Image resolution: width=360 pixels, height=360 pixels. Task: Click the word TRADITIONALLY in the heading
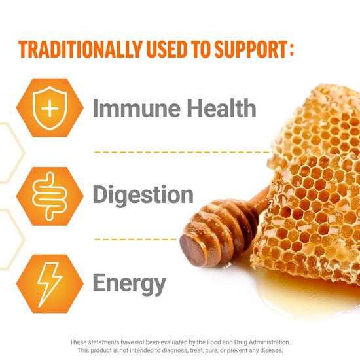[78, 50]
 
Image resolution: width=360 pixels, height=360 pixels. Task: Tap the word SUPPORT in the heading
[247, 50]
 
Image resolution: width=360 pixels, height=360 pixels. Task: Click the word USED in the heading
[164, 50]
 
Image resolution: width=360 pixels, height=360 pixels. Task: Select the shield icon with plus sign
[50, 107]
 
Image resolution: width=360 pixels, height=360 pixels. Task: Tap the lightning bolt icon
[50, 283]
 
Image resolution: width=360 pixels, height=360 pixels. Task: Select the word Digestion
[143, 194]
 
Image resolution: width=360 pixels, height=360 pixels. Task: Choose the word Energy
[129, 284]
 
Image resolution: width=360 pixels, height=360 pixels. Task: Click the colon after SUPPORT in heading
[290, 50]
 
